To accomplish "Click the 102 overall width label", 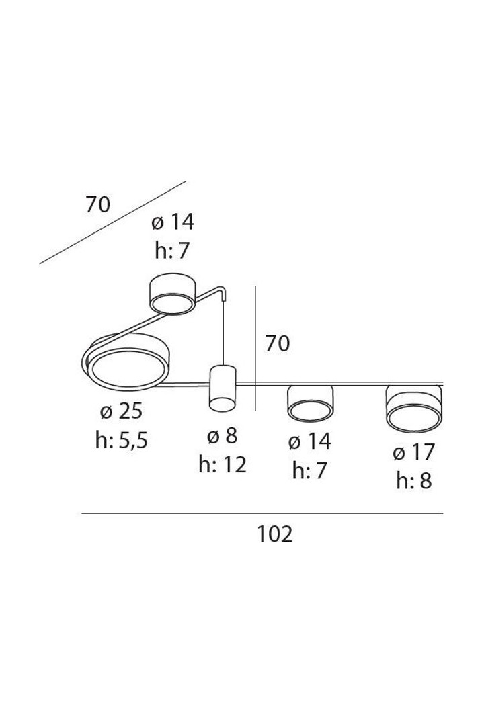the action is click(x=274, y=535).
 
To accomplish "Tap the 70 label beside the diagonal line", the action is click(x=97, y=205).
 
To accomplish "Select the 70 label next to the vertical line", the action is click(x=277, y=344).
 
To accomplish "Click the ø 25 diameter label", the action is click(x=121, y=411).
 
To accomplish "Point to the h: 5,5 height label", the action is click(x=121, y=440).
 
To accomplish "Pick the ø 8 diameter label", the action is click(x=222, y=435).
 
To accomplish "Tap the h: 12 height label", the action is click(x=223, y=465).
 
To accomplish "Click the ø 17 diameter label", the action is click(x=413, y=453).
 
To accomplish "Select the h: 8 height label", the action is click(x=413, y=481).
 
